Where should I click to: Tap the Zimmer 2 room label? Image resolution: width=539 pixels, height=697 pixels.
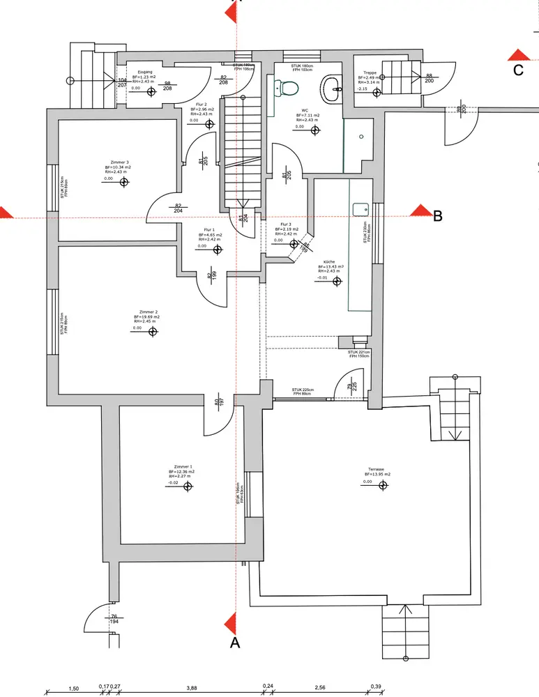[148, 312]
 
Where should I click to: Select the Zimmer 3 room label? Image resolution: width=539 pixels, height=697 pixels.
[120, 162]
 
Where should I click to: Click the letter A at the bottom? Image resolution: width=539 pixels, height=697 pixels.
[235, 643]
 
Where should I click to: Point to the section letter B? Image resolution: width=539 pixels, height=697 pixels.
[438, 217]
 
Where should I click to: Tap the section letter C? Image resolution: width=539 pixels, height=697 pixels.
[518, 70]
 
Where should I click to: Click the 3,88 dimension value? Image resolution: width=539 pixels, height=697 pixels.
[191, 688]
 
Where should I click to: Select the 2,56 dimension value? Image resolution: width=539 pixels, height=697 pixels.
[320, 688]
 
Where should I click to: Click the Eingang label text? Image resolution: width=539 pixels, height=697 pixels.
[145, 72]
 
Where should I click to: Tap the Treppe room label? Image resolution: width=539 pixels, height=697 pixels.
[370, 72]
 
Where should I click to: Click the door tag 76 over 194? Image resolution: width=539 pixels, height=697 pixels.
[113, 619]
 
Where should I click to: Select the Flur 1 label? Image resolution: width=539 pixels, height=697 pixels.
[209, 229]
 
